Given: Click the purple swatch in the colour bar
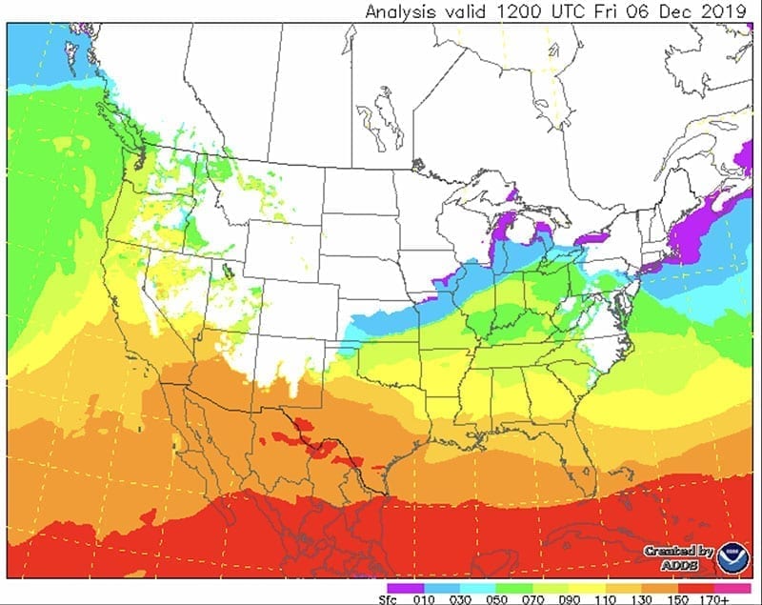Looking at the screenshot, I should point(405,587).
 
